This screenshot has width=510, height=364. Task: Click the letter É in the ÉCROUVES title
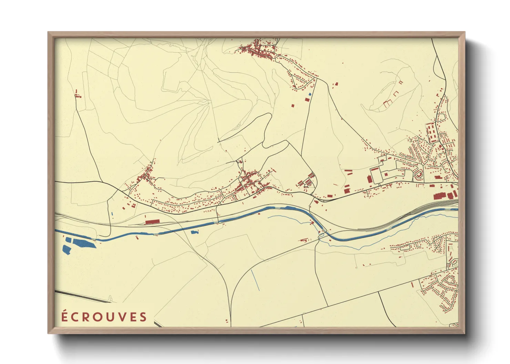64,316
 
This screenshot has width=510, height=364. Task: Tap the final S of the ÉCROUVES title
143,317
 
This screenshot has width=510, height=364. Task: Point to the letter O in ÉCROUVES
96,317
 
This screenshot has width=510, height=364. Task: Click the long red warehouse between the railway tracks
152,222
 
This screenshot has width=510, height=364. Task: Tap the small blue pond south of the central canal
195,233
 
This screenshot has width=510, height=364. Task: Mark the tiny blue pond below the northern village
310,94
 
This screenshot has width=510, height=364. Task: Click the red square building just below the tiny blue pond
307,100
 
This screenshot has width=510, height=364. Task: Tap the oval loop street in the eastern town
419,175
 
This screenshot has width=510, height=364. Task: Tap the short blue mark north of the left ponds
112,214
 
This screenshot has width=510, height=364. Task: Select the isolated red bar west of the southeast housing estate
412,285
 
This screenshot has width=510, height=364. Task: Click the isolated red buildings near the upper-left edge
78,94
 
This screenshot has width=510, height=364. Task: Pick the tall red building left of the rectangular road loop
370,179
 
